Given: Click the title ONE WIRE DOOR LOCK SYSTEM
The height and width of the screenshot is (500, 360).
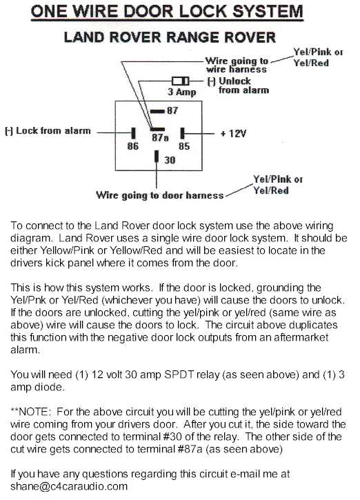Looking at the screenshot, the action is coord(167,12).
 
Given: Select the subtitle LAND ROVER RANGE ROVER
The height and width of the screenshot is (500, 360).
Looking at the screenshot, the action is coord(170,37).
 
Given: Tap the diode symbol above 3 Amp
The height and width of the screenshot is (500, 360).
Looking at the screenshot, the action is coord(181,81).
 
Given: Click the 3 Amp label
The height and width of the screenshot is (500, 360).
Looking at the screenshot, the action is coord(182,92).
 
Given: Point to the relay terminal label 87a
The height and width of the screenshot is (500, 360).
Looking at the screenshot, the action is coord(160,138).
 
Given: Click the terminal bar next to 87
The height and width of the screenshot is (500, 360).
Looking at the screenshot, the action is coord(157,111).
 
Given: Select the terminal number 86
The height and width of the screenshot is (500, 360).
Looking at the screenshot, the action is coord(133,146).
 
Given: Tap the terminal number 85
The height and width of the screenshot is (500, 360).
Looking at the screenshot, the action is coord(184,146).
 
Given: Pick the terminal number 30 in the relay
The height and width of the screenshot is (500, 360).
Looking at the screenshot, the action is coord(170,160).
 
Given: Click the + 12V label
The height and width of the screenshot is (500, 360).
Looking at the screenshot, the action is coord(233,133).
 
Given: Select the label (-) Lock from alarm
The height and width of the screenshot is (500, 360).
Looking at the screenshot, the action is coord(48,131).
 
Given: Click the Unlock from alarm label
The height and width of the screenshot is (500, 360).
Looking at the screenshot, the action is coord(238,86).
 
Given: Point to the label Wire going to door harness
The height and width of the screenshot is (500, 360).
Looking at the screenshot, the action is coord(160,195).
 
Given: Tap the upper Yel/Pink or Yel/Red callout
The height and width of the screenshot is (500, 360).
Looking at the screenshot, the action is coord(318,57).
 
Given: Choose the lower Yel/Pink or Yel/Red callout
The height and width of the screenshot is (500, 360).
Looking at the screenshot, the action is coord(278,185).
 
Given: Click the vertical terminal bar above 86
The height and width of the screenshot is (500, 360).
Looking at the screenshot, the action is coord(133,133).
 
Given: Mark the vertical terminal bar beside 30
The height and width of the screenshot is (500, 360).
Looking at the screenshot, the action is coord(157,157).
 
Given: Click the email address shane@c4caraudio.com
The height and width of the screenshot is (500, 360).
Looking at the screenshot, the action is coord(69,486).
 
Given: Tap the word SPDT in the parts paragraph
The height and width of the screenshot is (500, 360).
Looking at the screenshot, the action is coord(179,374).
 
